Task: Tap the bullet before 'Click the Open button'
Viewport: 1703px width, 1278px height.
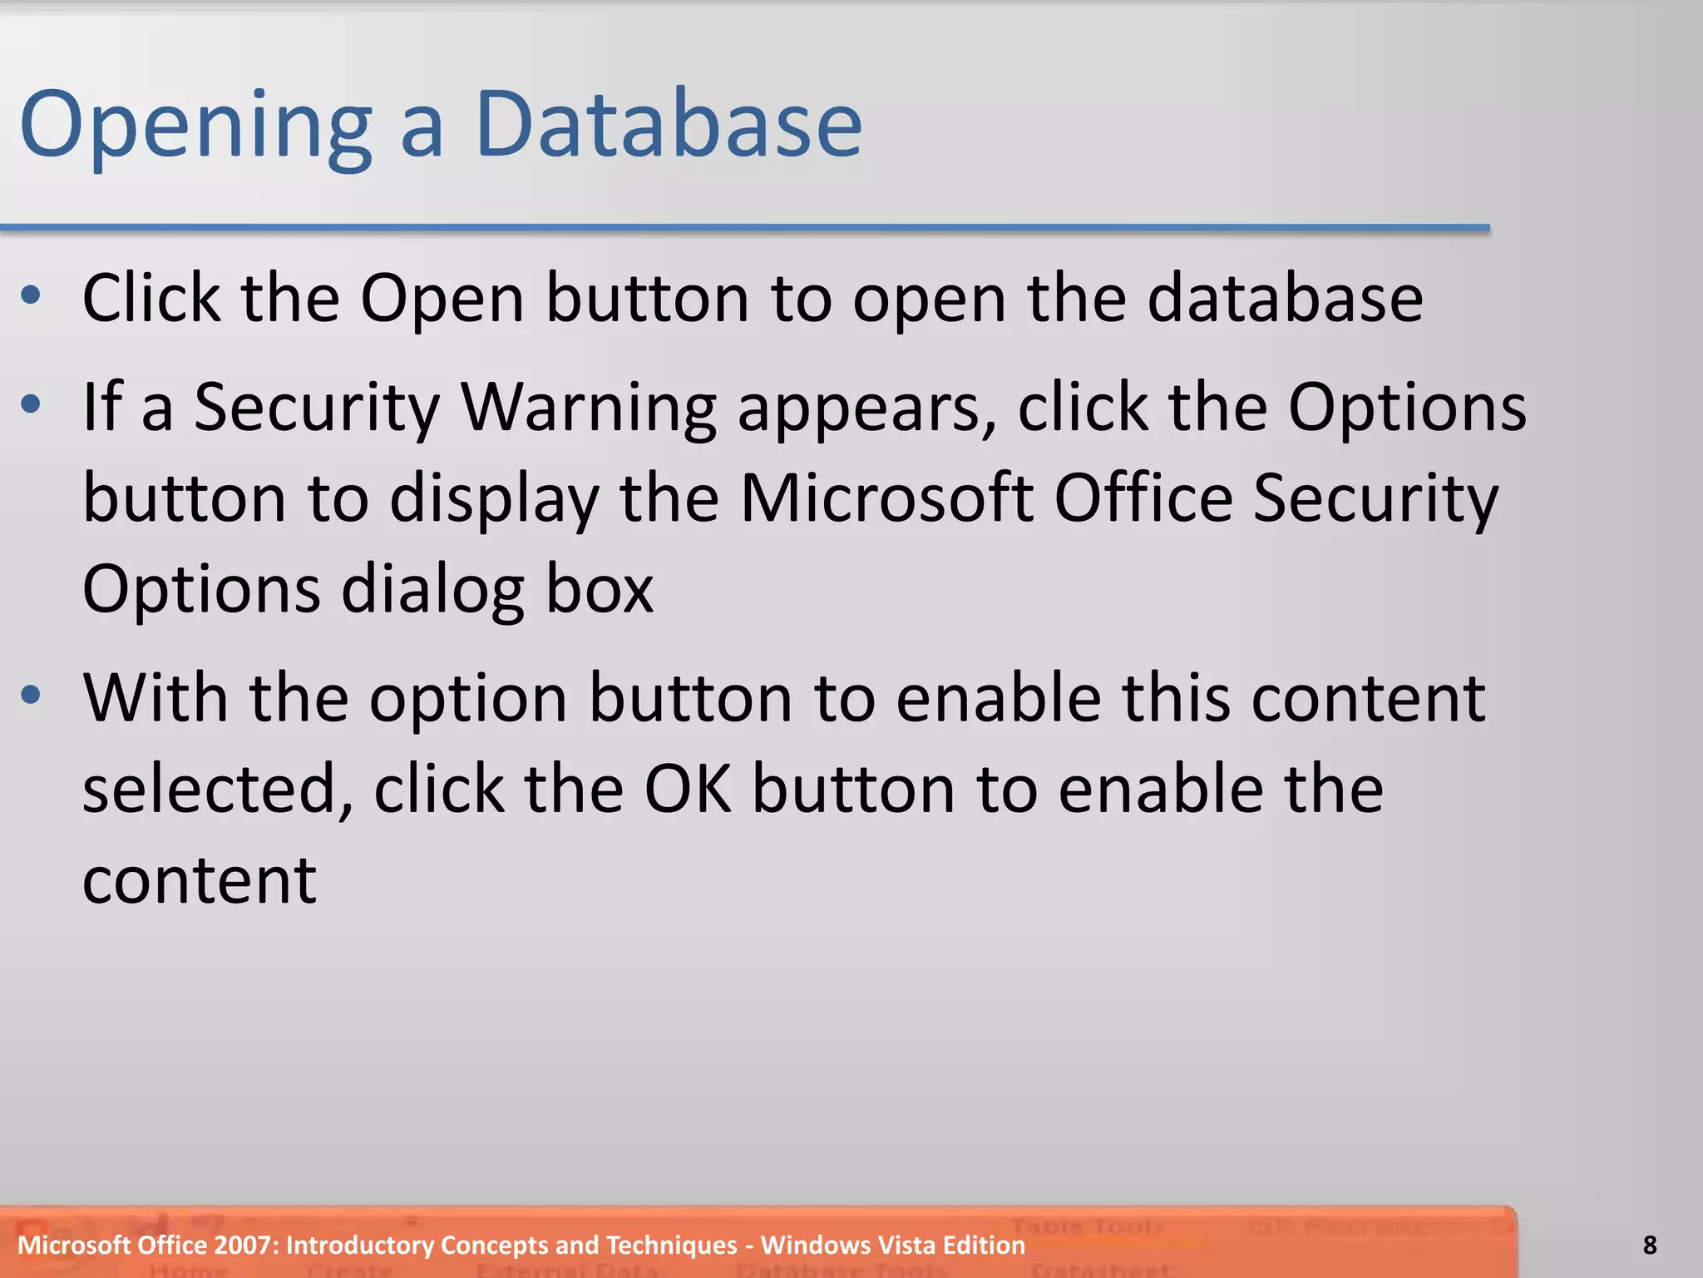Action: [31, 295]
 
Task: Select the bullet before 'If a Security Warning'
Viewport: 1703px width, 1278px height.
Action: [31, 404]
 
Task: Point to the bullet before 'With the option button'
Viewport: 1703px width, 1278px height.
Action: [31, 695]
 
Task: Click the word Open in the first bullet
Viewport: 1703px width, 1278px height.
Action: [442, 300]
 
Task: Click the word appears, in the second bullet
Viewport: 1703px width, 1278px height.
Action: [867, 409]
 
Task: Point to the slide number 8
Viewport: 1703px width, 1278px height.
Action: [1650, 1246]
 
